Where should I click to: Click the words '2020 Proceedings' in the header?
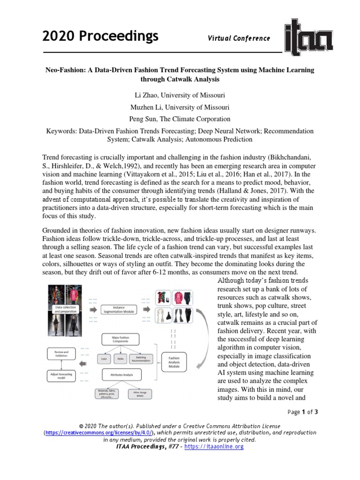tap(100, 36)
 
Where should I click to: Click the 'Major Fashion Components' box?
tap(121, 338)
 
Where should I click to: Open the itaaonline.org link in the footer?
tap(214, 447)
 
